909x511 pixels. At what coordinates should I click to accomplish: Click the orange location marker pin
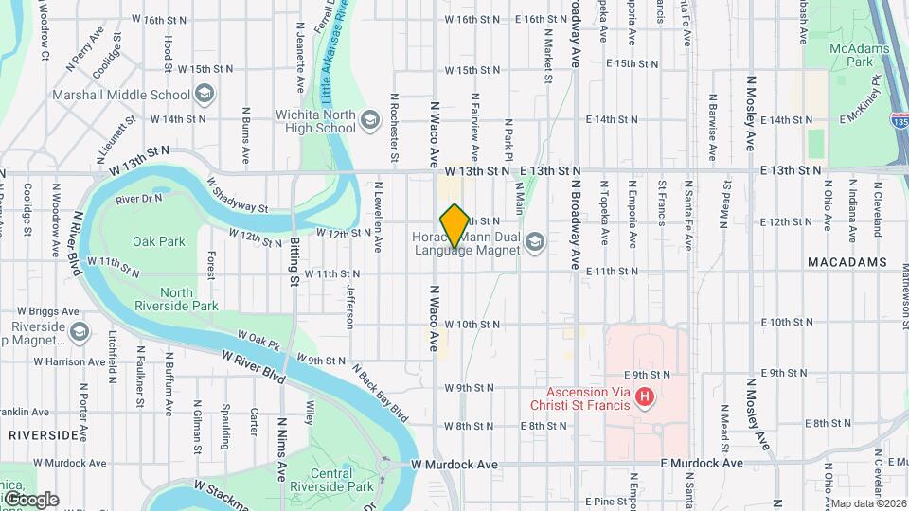(x=454, y=226)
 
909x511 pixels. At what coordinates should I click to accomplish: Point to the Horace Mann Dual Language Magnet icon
(x=535, y=243)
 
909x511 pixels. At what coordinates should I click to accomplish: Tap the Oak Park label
(x=158, y=241)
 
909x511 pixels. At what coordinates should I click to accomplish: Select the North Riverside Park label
(x=189, y=299)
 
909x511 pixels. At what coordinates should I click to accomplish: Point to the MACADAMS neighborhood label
(x=847, y=261)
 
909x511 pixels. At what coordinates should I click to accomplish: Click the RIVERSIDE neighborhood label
(x=45, y=434)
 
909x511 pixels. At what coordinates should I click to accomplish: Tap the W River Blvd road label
(x=254, y=361)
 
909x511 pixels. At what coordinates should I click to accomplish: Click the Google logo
(x=31, y=500)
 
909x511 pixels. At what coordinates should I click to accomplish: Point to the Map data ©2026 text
(x=869, y=503)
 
